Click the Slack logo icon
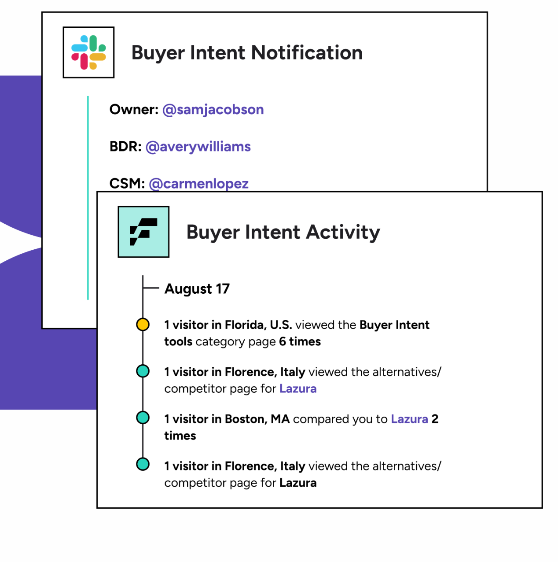(88, 52)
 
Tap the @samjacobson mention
(213, 110)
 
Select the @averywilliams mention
(198, 147)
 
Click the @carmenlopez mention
(198, 184)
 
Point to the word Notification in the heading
(307, 53)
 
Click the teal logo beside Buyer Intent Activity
(143, 232)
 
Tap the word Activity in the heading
(343, 233)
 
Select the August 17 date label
(197, 289)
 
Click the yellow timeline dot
(143, 324)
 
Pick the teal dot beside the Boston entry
(143, 418)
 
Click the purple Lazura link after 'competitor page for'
(298, 389)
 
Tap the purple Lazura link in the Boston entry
(409, 419)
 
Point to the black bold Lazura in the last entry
(298, 483)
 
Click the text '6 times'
(300, 341)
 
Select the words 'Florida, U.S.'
(258, 325)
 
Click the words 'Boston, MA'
(257, 419)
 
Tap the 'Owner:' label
(134, 110)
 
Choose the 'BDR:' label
(125, 147)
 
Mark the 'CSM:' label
(127, 184)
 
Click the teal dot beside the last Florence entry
(143, 464)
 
